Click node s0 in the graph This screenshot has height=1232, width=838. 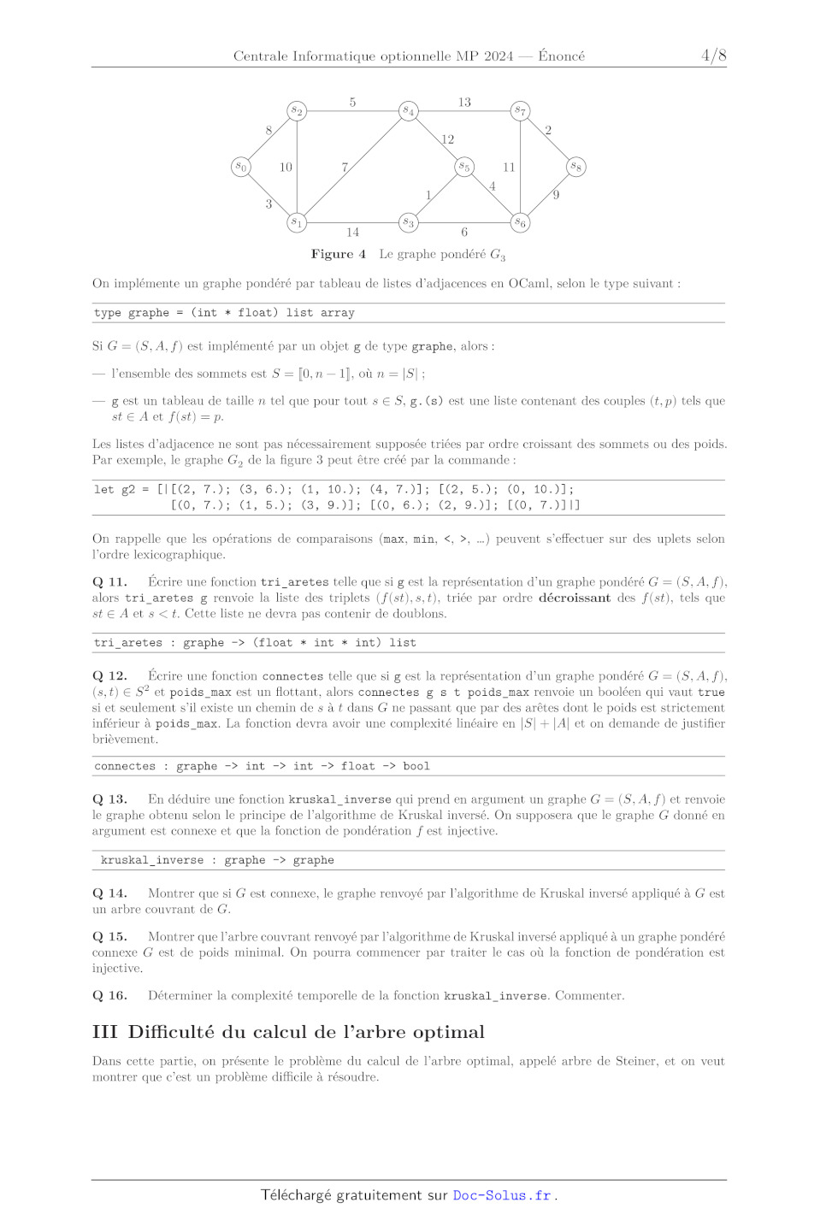tap(242, 167)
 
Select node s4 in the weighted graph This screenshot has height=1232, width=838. tap(409, 111)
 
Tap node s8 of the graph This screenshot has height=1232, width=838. tap(576, 167)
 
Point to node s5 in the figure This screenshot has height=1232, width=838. tap(464, 167)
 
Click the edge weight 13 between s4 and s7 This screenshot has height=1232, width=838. tap(464, 103)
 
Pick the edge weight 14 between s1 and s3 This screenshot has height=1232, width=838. tap(352, 233)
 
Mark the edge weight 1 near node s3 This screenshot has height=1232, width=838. tap(428, 195)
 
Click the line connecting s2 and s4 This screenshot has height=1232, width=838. tap(352, 111)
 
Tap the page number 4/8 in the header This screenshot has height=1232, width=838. tap(713, 56)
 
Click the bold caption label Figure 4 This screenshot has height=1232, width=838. tap(339, 254)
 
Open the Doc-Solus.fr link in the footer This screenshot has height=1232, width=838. tap(502, 1195)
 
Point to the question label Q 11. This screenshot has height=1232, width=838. tap(109, 582)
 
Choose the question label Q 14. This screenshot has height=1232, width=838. tap(109, 893)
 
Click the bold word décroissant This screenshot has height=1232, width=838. tap(575, 598)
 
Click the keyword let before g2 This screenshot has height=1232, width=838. tap(103, 489)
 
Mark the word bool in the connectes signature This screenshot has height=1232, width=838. tap(416, 766)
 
